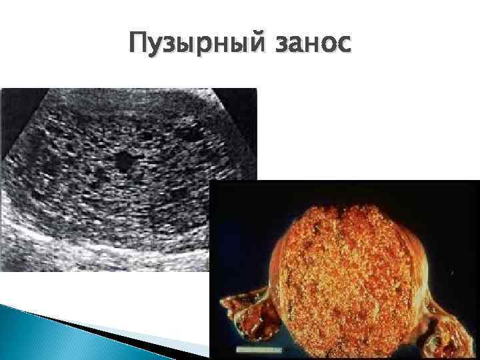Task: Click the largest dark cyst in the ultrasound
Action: click(x=123, y=161)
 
